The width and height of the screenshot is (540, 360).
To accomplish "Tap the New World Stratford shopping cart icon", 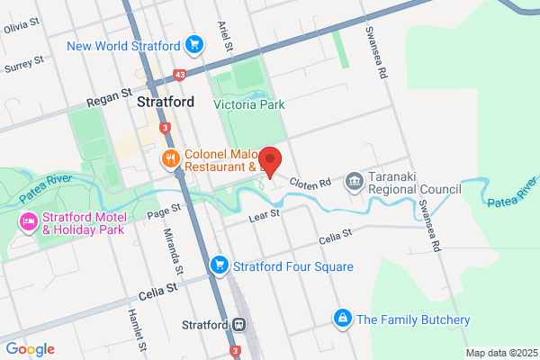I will point(193,44).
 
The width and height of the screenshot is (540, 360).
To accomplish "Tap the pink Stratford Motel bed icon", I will point(28,220).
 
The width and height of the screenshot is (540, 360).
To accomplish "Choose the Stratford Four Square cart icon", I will point(218,265).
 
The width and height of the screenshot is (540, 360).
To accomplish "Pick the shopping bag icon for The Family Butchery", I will point(342,319).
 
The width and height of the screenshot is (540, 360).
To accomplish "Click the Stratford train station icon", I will point(239,323).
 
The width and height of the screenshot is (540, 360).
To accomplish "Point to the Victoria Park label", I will point(249,104).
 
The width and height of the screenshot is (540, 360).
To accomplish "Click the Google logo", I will point(30,348).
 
